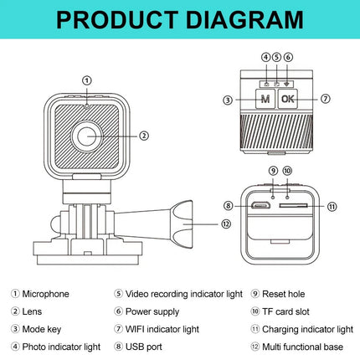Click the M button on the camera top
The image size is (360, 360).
[x=265, y=99]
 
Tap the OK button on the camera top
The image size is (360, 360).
[x=288, y=99]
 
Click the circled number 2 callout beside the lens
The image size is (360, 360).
[x=144, y=136]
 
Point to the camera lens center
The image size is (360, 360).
[x=87, y=136]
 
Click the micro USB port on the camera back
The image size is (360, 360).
[x=260, y=206]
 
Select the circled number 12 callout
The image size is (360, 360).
[x=226, y=224]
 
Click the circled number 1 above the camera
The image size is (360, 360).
[x=87, y=80]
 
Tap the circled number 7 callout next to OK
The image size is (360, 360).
[x=326, y=99]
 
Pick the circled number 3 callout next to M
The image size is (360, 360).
[x=228, y=100]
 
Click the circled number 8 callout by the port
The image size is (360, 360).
[x=228, y=206]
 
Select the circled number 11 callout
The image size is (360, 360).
[x=332, y=207]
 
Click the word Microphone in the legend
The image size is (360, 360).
[x=45, y=294]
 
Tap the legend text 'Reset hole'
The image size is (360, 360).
[x=283, y=294]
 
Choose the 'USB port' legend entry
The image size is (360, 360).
[x=144, y=347]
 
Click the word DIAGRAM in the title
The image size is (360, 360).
[x=244, y=19]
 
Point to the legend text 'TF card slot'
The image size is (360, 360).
[x=285, y=311]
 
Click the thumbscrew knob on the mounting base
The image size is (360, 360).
[x=183, y=224]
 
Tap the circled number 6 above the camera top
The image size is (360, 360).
[x=288, y=57]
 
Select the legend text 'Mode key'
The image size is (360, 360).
[x=42, y=329]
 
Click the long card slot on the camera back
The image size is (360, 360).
[x=293, y=206]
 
